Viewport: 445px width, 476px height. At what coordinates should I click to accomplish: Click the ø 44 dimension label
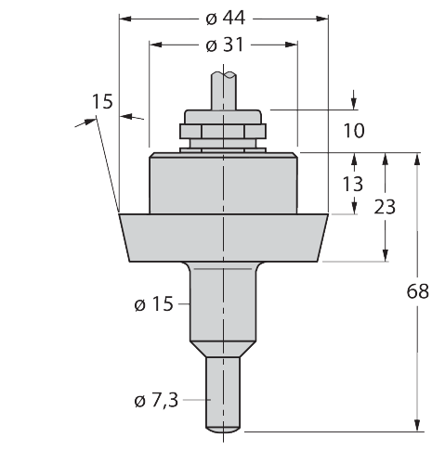tap(226, 19)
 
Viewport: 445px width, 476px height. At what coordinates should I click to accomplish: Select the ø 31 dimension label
tap(225, 45)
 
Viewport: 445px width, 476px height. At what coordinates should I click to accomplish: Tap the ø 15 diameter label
tap(153, 303)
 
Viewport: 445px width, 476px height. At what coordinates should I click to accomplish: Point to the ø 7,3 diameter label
tap(156, 401)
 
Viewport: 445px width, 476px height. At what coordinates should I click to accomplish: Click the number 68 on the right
tap(418, 291)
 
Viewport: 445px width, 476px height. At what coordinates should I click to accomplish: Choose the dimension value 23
tap(385, 207)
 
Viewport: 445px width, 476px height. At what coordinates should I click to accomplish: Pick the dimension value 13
tap(353, 184)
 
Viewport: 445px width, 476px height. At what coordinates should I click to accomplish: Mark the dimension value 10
tap(354, 131)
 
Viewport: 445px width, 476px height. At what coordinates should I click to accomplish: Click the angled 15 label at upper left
tap(102, 101)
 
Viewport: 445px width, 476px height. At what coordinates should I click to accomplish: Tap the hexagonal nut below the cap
tap(223, 131)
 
